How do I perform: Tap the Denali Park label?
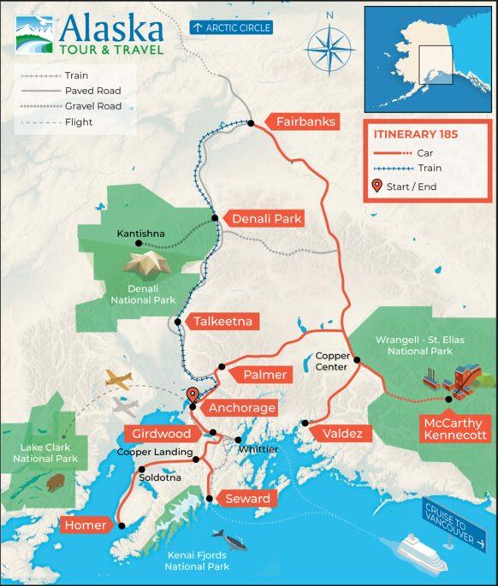[268, 219]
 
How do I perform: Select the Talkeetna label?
[222, 322]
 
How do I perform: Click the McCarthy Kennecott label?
[454, 429]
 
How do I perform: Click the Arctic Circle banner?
[230, 27]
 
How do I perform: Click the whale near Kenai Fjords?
[229, 540]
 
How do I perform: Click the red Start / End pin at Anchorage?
[193, 396]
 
